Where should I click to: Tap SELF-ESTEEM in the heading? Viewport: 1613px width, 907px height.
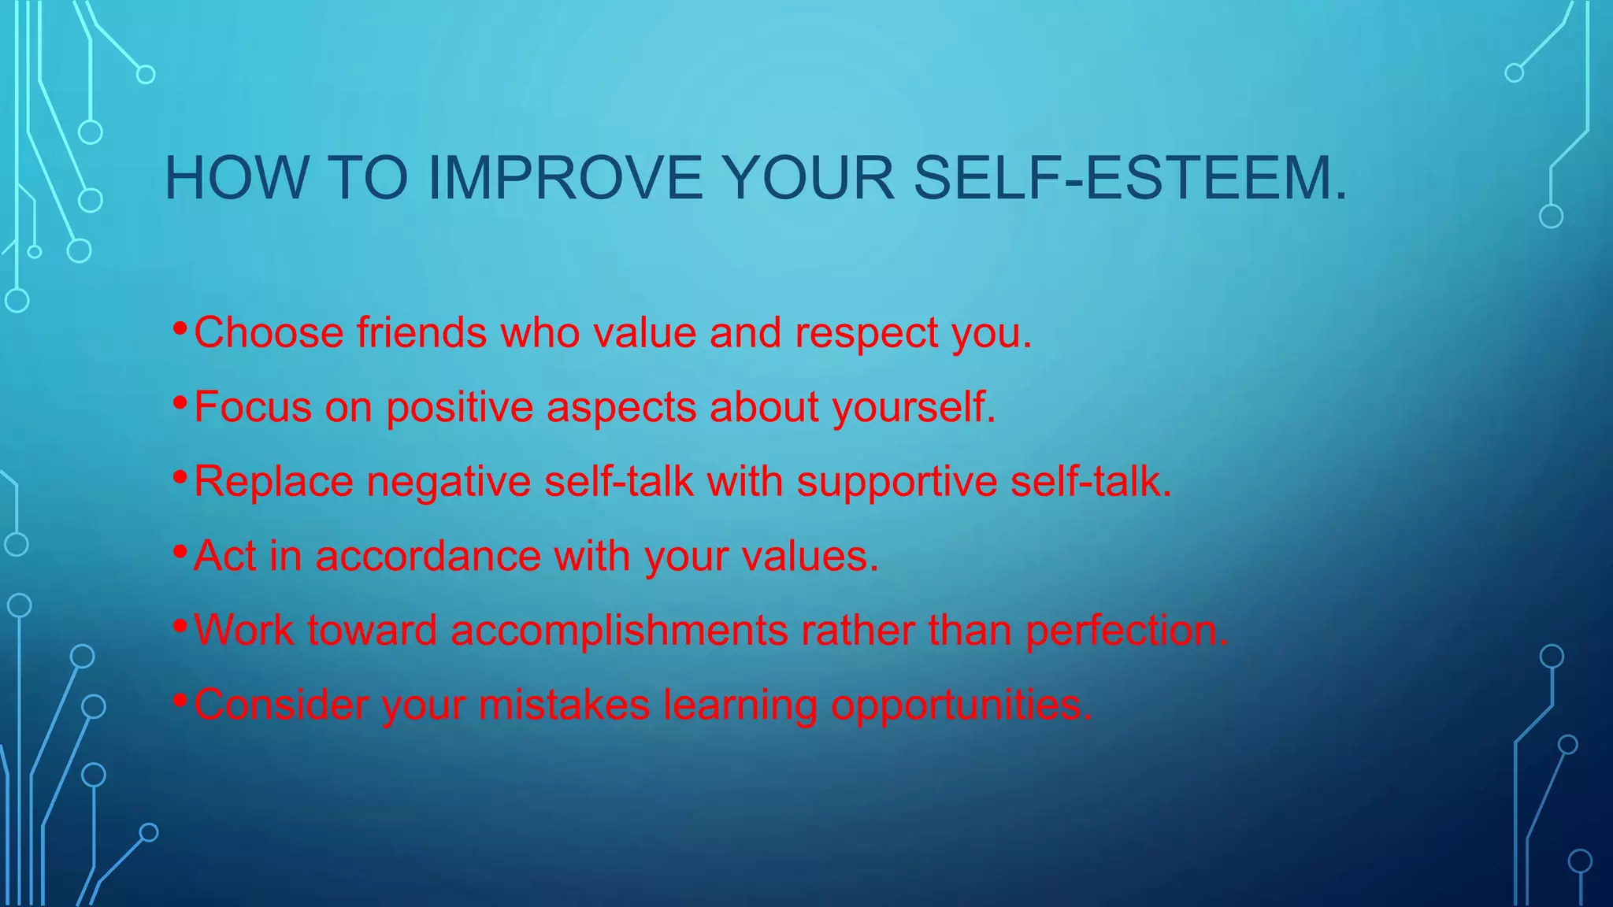point(1129,178)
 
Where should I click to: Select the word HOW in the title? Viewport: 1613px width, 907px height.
point(235,178)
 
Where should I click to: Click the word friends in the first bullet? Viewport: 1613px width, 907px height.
point(421,332)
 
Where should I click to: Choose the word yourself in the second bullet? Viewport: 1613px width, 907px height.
point(913,409)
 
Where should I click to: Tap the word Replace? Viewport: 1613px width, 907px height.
point(273,482)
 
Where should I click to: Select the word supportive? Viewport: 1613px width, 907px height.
point(896,482)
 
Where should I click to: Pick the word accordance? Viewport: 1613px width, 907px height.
point(428,556)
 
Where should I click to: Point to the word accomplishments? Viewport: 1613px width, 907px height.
point(619,631)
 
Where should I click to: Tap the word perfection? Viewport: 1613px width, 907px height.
point(1126,631)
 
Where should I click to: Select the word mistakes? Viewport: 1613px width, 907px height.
point(564,705)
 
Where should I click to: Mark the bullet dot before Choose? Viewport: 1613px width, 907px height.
point(180,328)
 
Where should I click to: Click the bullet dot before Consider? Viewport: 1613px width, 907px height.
point(180,699)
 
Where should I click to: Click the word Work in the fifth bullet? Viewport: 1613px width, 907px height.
point(243,631)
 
